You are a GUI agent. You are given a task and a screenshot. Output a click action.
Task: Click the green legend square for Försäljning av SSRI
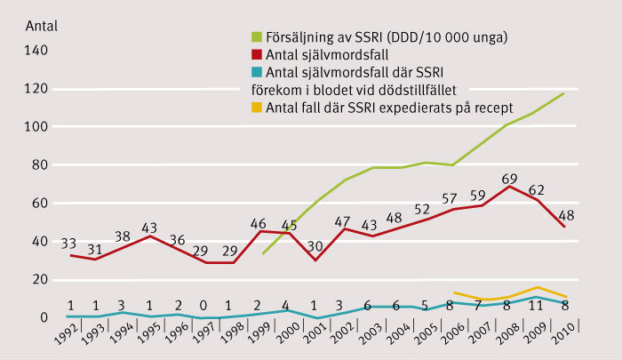click(257, 37)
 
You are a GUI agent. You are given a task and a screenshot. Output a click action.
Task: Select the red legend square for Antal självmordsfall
click(257, 55)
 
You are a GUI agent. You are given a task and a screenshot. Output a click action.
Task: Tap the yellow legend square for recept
click(257, 108)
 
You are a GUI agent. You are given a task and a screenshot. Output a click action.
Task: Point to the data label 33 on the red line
click(68, 243)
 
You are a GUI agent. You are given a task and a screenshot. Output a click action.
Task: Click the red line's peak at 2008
click(506, 186)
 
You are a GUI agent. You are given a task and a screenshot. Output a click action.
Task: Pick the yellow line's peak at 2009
click(535, 287)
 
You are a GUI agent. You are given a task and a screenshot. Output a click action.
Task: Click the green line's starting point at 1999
click(262, 253)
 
